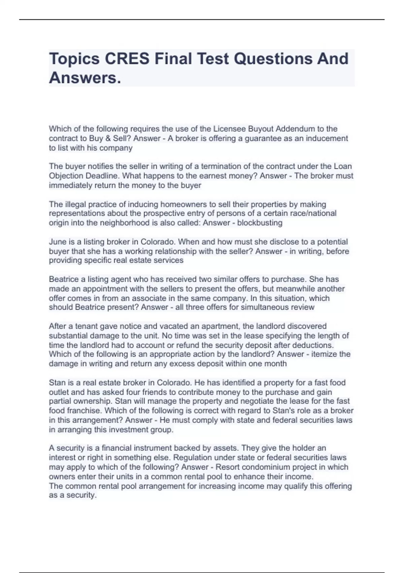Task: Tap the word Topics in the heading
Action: point(74,59)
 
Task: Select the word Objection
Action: point(66,176)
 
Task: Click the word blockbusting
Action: point(260,223)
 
